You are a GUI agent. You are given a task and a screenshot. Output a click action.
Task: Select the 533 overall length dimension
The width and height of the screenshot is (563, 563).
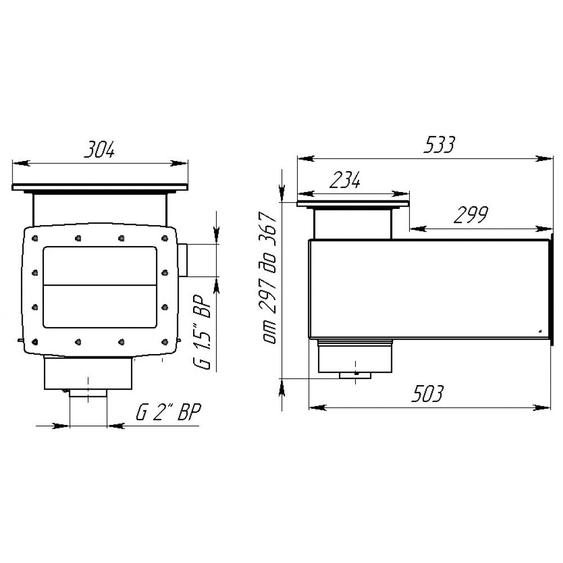tap(439, 144)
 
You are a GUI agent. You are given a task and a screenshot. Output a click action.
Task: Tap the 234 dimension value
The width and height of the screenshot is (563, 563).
tap(345, 180)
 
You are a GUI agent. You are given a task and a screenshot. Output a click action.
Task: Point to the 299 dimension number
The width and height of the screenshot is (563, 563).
tap(471, 215)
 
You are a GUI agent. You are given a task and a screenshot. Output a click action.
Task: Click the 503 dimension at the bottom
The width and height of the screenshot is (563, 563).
tap(427, 394)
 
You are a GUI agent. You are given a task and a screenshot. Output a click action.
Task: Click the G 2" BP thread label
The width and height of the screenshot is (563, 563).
tap(168, 412)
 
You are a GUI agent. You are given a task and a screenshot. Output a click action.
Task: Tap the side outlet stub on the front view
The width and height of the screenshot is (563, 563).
tap(182, 260)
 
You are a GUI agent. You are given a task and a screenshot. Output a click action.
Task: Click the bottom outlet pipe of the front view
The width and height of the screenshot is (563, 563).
tap(88, 393)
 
